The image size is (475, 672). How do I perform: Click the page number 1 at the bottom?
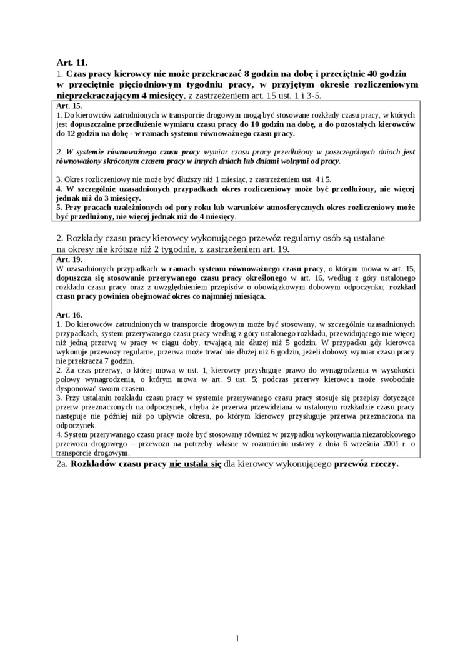pyautogui.click(x=237, y=638)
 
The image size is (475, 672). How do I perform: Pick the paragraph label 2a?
pyautogui.click(x=62, y=465)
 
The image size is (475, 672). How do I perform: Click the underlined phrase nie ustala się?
pyautogui.click(x=195, y=465)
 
